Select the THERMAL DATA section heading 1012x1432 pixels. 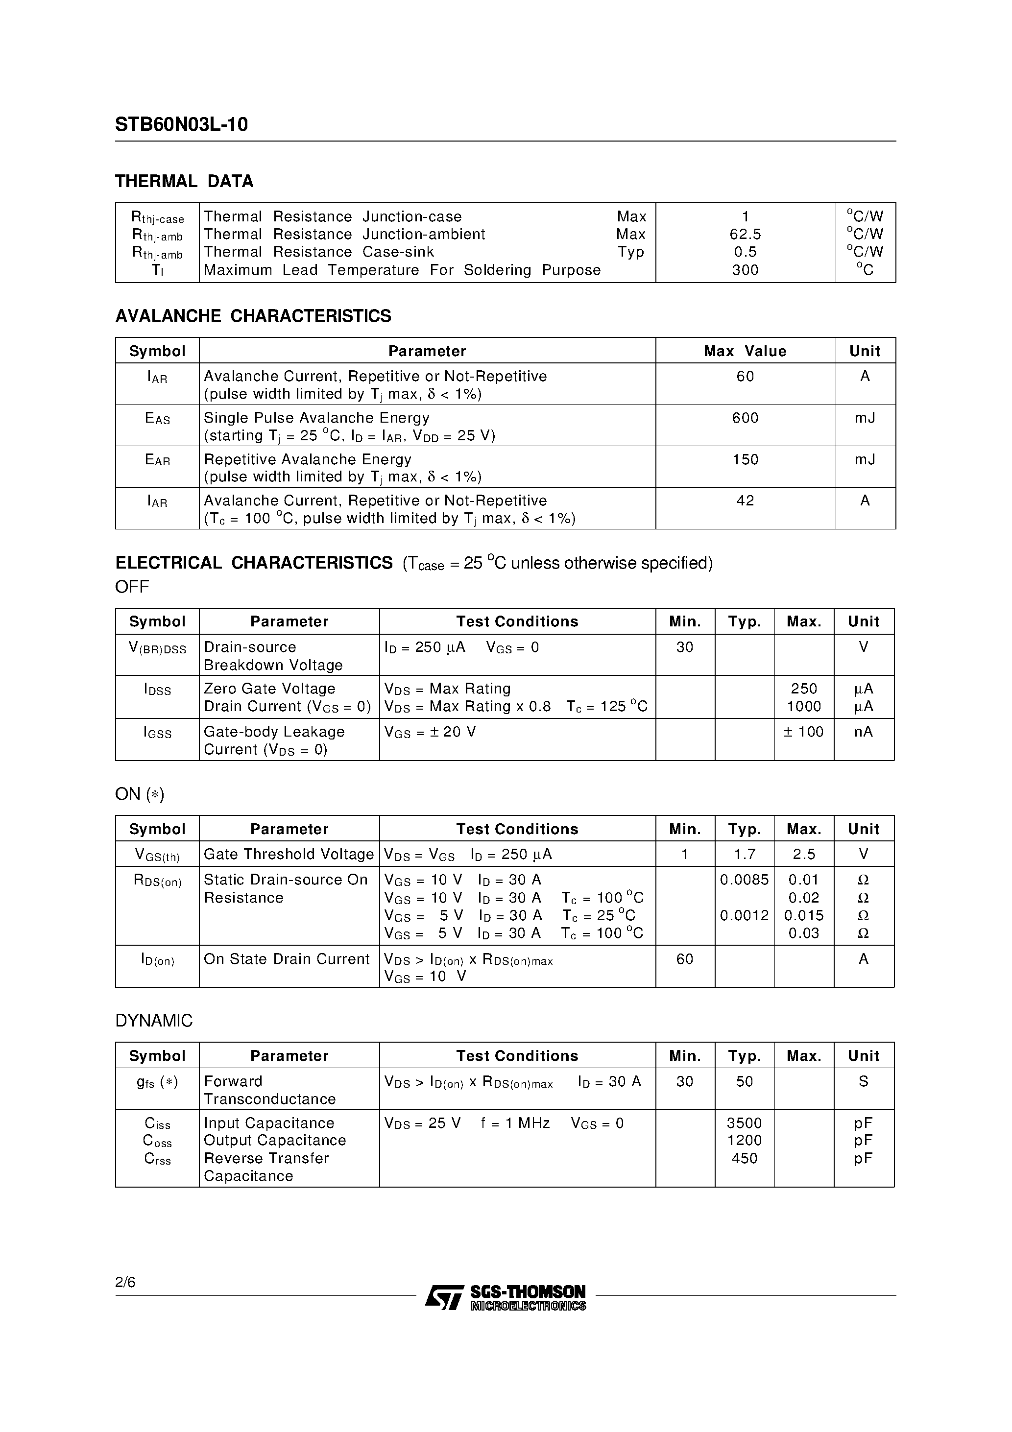(184, 182)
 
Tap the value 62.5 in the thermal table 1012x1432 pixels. (745, 235)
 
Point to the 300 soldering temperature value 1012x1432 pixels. (745, 270)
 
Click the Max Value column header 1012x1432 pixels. (745, 351)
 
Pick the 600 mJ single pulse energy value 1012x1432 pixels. (745, 418)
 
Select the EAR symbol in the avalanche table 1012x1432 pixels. (157, 460)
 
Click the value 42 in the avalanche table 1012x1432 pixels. (745, 501)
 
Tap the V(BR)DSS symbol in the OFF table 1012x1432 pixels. (157, 648)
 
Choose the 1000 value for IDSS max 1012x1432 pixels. (804, 707)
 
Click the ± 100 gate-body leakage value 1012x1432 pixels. (804, 732)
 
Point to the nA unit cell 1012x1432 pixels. (864, 732)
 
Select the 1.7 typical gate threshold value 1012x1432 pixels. (745, 855)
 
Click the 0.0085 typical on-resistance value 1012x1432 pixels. (745, 880)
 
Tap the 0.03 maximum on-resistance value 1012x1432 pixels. (804, 933)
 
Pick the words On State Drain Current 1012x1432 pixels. (287, 959)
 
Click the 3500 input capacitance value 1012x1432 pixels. (745, 1123)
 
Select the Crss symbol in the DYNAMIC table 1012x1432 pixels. (157, 1159)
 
